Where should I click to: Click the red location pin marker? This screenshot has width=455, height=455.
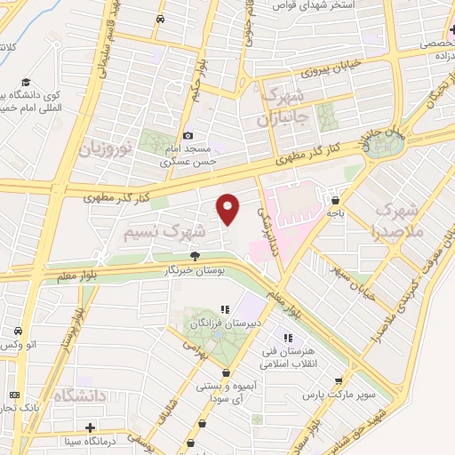pos(228,209)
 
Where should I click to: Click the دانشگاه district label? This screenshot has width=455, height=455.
pos(80,394)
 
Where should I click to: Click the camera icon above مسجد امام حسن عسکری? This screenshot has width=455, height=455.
pos(188,134)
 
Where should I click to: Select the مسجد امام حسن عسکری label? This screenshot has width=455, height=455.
pos(189,156)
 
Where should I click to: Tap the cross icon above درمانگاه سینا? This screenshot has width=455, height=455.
pos(90,427)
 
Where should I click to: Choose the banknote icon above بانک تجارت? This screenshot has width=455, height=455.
pos(13,395)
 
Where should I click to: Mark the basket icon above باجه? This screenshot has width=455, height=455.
pos(334,199)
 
